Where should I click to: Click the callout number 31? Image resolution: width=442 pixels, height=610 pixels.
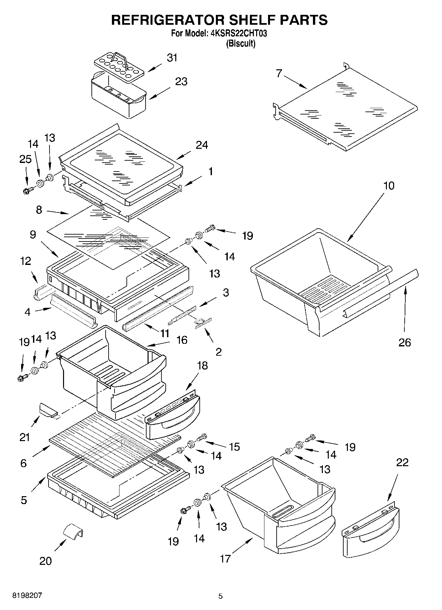click(172, 58)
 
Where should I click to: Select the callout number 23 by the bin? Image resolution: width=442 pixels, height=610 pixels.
click(181, 81)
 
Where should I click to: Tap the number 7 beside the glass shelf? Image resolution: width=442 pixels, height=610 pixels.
click(279, 73)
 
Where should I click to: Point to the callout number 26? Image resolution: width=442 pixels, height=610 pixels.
click(405, 342)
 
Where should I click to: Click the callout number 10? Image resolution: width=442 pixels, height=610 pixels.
click(389, 186)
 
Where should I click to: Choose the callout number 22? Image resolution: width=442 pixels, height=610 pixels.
click(402, 463)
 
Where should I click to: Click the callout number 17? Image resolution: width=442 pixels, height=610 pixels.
click(225, 559)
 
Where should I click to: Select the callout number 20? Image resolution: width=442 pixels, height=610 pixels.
click(46, 561)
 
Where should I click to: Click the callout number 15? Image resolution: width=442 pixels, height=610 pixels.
click(234, 447)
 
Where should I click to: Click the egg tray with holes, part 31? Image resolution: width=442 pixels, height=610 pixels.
click(120, 68)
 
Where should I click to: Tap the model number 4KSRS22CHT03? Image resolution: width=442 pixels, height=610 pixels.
click(238, 33)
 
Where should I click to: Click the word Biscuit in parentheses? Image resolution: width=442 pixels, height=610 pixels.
click(241, 44)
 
